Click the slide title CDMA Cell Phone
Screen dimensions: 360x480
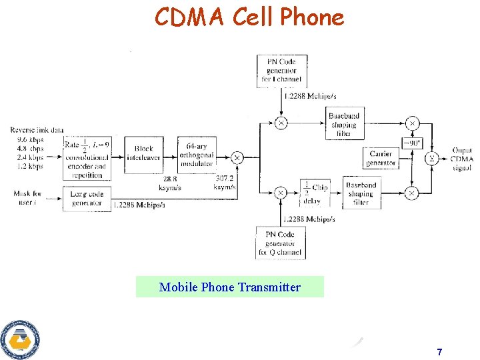click(x=249, y=17)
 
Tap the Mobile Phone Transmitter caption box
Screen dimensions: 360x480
click(x=230, y=287)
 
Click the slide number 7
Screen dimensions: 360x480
click(x=439, y=351)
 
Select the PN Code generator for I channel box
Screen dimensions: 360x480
click(x=281, y=71)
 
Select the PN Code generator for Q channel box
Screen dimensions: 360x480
click(x=281, y=243)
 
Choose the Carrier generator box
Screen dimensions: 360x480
click(x=381, y=158)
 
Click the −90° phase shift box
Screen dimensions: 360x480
click(x=413, y=143)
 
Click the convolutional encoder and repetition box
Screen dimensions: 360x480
click(x=87, y=158)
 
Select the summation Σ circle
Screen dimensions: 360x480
click(x=431, y=158)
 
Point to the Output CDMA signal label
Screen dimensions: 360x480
click(x=461, y=159)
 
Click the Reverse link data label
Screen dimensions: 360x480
click(x=37, y=130)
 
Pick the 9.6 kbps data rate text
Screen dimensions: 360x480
click(x=29, y=141)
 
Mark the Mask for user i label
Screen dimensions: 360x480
click(x=27, y=198)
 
